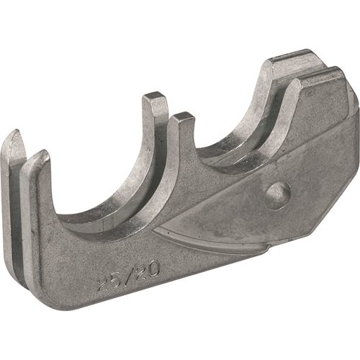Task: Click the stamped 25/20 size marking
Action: (x=129, y=276)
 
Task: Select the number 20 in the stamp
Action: (x=148, y=269)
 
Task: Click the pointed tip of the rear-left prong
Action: (x=17, y=131)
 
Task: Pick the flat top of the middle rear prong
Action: (x=154, y=96)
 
